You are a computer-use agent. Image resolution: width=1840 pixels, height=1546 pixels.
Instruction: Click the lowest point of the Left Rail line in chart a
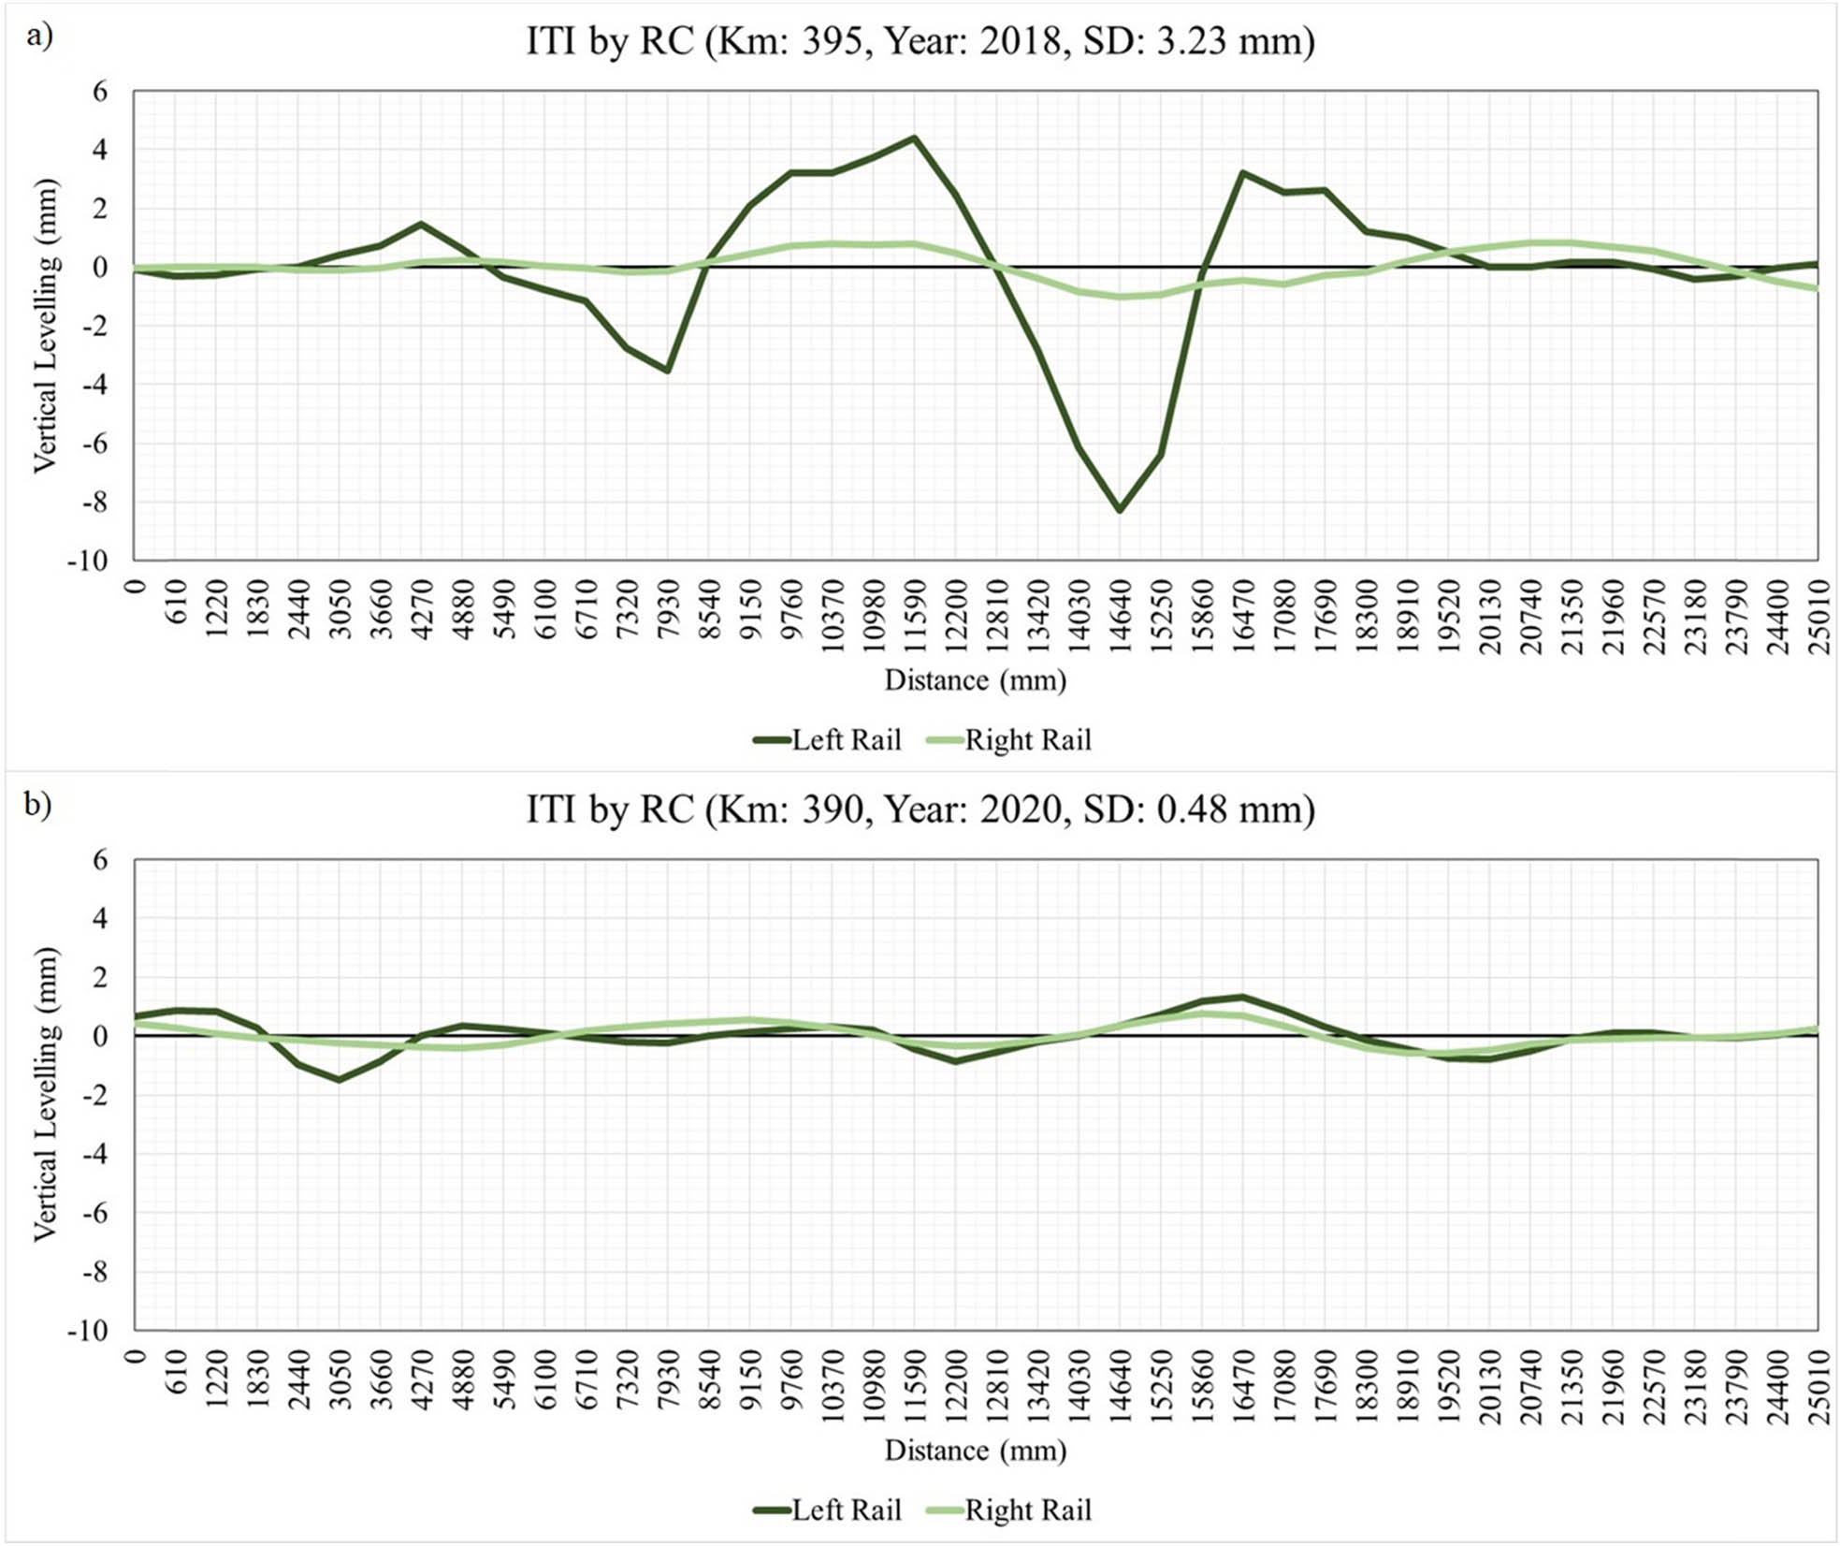point(1119,510)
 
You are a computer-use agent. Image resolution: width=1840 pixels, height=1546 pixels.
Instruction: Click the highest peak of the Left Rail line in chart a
point(914,139)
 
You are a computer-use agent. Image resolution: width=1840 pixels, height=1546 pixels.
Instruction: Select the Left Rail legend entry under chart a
point(828,740)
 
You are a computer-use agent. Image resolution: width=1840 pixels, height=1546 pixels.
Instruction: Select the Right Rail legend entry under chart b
point(1009,1510)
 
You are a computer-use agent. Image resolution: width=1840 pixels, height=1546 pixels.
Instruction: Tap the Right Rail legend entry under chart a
point(1009,740)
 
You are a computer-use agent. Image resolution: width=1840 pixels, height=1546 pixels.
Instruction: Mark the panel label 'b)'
point(38,805)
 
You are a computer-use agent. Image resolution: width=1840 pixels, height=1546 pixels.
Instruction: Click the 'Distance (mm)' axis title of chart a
point(976,680)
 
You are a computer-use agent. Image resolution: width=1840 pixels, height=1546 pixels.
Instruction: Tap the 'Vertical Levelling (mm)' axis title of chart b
point(45,1095)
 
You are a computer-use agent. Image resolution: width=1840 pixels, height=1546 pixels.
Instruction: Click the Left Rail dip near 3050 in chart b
point(339,1080)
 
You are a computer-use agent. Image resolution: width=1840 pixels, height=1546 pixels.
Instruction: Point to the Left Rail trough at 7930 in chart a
point(667,371)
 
